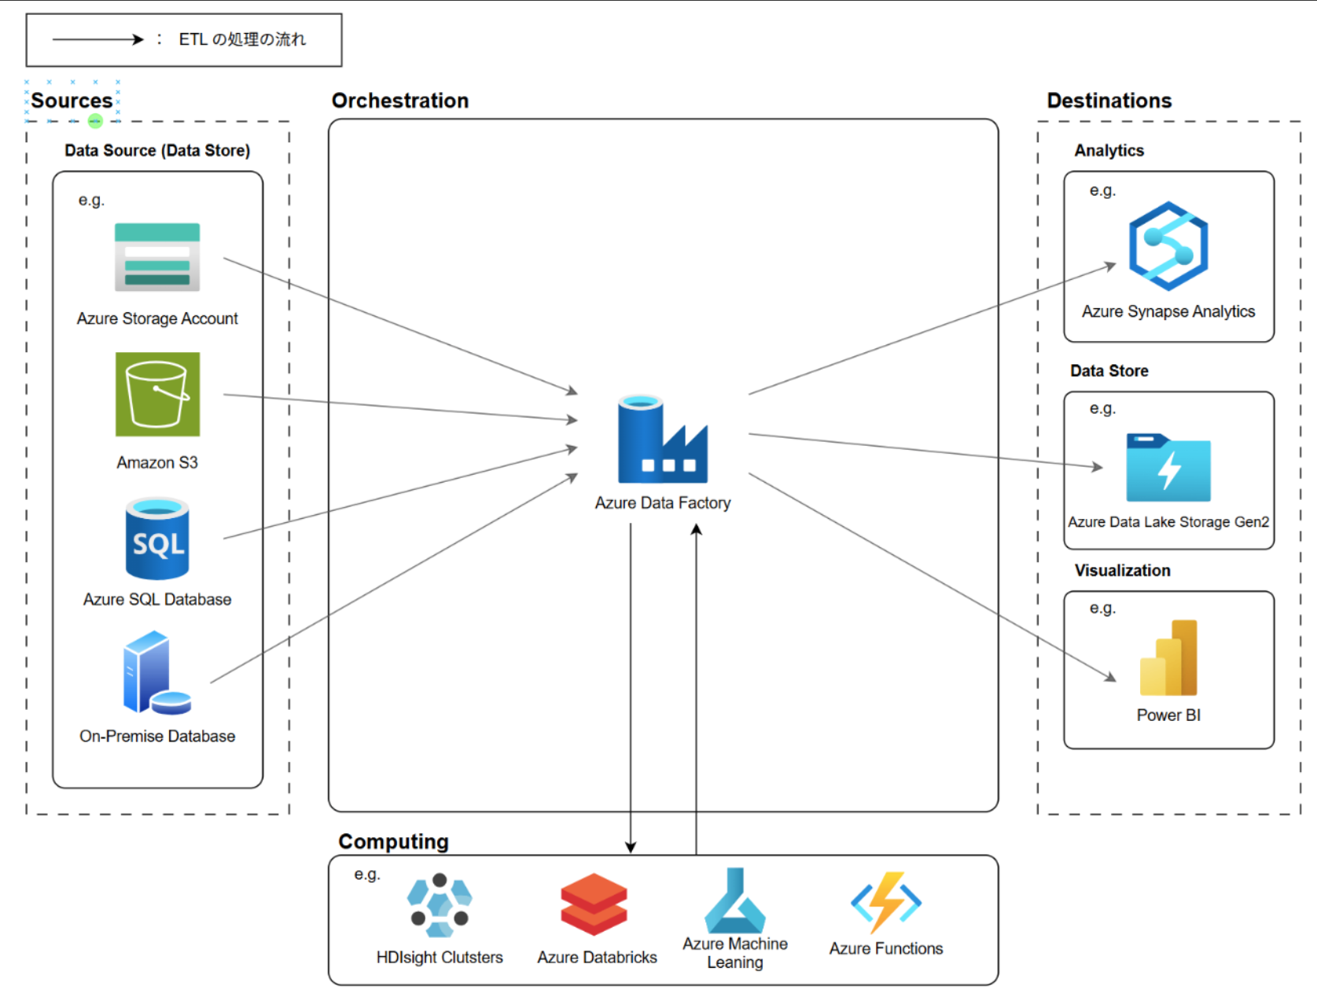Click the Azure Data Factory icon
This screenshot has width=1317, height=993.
[x=662, y=439]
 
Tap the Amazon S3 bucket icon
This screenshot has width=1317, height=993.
[x=157, y=394]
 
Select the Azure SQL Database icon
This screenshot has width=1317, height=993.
[x=157, y=539]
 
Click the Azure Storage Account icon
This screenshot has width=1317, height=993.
[x=157, y=257]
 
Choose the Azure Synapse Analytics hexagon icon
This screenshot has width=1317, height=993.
[x=1168, y=246]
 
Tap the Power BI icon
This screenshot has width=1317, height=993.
[x=1168, y=658]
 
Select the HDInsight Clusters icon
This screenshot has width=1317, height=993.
[x=440, y=906]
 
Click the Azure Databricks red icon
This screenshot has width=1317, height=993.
[x=594, y=904]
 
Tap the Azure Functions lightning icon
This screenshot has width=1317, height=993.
[x=886, y=902]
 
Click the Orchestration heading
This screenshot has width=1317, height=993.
[x=400, y=101]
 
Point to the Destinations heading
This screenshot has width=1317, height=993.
[x=1109, y=101]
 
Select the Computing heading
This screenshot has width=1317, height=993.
[x=393, y=841]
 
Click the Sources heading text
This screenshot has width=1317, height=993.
[x=72, y=101]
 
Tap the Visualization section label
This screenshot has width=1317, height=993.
[x=1122, y=571]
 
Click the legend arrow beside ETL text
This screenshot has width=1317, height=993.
[x=98, y=39]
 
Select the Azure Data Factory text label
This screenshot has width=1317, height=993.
[x=663, y=503]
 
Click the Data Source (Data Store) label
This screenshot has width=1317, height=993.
[x=157, y=150]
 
